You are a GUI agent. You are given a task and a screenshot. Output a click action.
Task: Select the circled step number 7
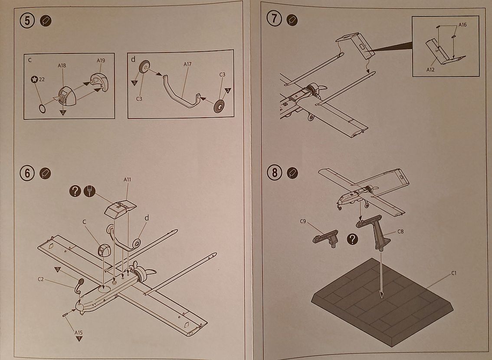click(x=275, y=20)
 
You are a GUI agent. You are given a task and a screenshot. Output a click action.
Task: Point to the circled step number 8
click(x=275, y=172)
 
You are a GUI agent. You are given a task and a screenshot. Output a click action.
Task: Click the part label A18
click(x=62, y=66)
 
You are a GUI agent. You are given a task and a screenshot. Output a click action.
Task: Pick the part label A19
click(x=101, y=60)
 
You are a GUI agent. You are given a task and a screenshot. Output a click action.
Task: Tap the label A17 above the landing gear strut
click(x=187, y=64)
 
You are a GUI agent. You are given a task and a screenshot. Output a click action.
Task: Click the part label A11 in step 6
click(x=128, y=179)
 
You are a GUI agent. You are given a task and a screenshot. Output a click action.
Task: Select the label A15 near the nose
click(x=79, y=333)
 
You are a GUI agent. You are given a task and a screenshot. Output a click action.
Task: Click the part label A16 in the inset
click(x=462, y=25)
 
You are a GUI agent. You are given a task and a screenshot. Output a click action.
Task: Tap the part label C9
click(x=303, y=221)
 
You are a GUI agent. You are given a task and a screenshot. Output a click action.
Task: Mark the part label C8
click(x=400, y=231)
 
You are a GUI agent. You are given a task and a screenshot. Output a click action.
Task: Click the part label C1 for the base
click(x=454, y=273)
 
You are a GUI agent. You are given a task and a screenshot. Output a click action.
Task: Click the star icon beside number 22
click(x=34, y=79)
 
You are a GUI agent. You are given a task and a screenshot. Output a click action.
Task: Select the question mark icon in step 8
click(x=354, y=238)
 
